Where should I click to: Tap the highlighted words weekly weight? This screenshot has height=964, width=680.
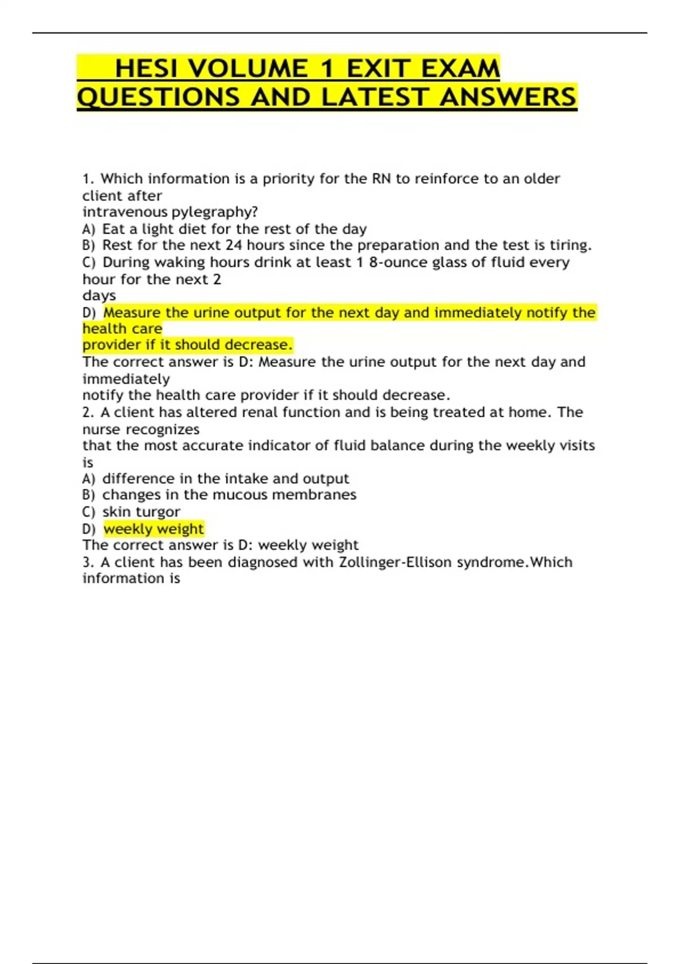(x=154, y=528)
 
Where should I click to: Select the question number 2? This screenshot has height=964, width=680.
(x=87, y=412)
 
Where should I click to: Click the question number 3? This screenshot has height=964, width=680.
(x=87, y=562)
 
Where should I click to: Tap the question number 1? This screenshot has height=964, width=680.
(x=87, y=179)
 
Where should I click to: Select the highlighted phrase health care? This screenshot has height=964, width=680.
(x=122, y=329)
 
